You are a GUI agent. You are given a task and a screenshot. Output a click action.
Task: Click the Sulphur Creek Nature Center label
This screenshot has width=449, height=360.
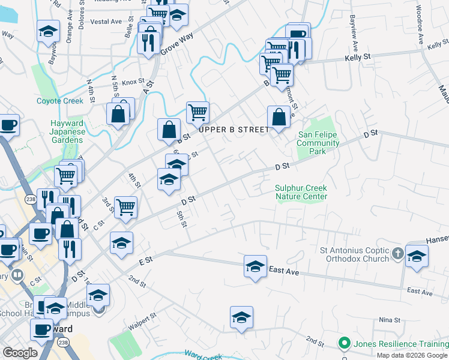[301, 192]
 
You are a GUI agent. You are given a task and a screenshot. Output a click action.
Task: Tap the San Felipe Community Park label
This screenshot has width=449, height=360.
[318, 143]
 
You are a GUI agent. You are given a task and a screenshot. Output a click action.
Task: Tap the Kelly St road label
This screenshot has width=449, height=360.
[358, 57]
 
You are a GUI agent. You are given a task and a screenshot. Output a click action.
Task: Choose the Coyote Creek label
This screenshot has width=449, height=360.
[60, 101]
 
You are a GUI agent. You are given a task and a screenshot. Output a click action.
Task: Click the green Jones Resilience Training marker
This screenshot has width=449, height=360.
[344, 344]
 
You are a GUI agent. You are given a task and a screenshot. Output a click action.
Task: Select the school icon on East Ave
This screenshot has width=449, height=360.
[255, 266]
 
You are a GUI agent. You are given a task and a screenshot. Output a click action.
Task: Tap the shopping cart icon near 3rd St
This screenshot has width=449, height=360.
[126, 207]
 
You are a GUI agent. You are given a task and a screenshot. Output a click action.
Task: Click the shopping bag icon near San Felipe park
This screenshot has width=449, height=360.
[279, 116]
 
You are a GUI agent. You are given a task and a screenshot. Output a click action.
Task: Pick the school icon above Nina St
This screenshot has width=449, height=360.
[241, 317]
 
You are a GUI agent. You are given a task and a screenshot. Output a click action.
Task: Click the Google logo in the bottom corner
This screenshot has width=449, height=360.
[20, 353]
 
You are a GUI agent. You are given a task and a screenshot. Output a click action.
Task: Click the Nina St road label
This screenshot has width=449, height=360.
[390, 320]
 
